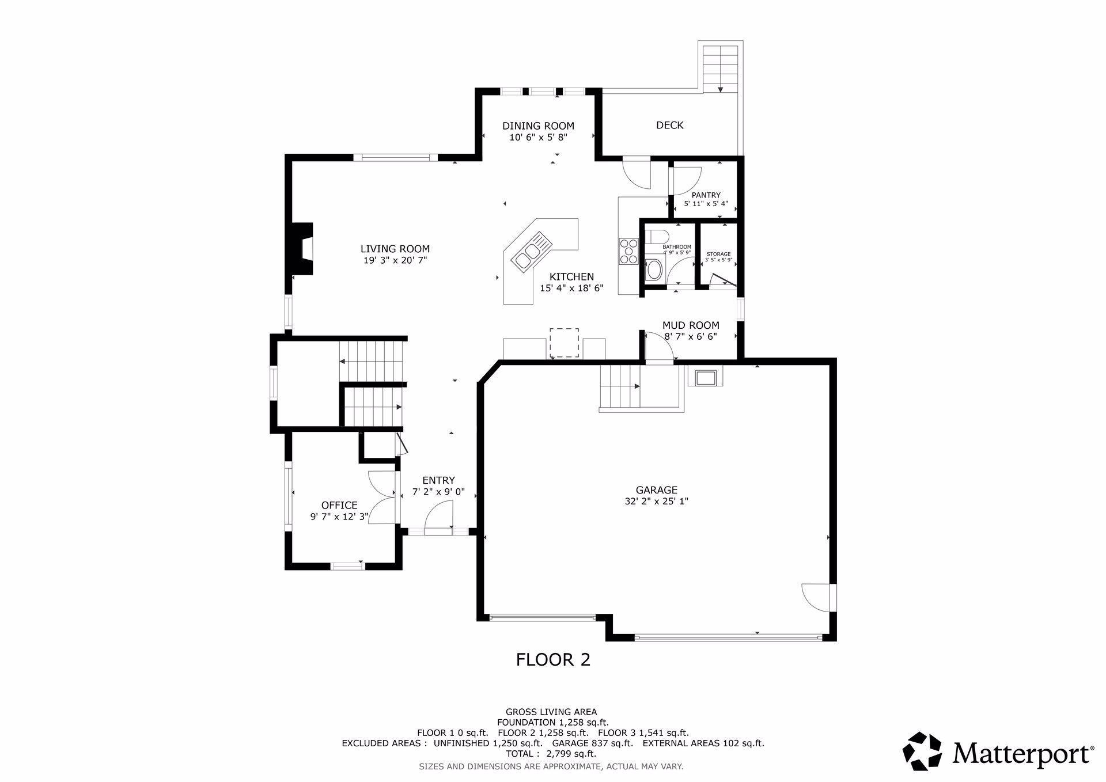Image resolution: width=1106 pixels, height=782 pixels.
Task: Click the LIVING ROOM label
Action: (x=395, y=249)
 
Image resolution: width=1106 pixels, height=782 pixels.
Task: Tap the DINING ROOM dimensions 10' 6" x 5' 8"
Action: (x=538, y=137)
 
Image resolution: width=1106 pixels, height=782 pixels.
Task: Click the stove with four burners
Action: (x=628, y=251)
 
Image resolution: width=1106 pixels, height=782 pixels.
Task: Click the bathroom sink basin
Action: (x=654, y=270)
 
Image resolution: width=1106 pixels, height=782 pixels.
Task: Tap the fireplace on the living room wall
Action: (x=301, y=249)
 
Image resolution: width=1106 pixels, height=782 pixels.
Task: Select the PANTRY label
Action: (x=706, y=195)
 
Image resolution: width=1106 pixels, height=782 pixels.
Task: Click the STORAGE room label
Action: (x=718, y=254)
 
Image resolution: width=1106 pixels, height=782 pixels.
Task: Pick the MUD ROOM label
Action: (x=691, y=325)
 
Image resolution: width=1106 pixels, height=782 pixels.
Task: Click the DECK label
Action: (x=670, y=125)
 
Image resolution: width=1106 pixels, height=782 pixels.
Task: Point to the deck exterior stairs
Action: (x=720, y=68)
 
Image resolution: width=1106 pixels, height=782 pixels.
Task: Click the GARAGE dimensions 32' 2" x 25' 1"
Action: (x=657, y=501)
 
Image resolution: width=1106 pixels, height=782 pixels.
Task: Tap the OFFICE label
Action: (x=339, y=505)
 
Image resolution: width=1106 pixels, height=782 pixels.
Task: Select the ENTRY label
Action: (x=438, y=480)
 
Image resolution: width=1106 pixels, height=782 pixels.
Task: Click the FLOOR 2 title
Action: (x=553, y=659)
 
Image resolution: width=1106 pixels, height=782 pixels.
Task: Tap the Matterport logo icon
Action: (x=922, y=751)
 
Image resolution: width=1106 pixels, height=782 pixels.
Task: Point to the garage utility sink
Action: (x=705, y=378)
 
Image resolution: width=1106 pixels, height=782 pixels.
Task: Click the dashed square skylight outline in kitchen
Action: (x=564, y=342)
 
